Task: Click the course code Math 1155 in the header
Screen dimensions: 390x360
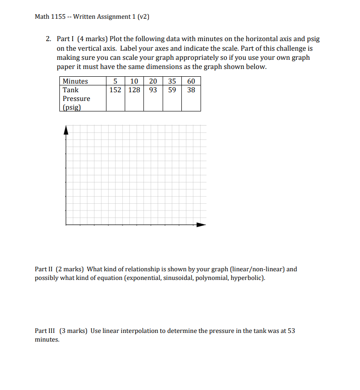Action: coord(50,17)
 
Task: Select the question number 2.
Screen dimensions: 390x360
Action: coord(48,39)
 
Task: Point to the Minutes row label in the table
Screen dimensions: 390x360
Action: coord(75,81)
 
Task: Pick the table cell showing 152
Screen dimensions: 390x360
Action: coord(116,90)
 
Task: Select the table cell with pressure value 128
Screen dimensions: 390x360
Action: coord(134,90)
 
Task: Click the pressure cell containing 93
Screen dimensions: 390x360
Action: coord(153,90)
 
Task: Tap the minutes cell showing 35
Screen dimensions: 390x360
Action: coord(172,81)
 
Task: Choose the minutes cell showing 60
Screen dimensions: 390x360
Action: coord(191,81)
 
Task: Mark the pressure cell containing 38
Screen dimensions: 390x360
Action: coord(191,90)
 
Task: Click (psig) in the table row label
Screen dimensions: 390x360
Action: coord(72,107)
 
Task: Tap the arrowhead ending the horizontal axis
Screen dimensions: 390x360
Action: coord(201,225)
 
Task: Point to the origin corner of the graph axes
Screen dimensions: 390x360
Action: coord(66,225)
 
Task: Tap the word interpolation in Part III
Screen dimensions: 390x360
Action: coord(139,331)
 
